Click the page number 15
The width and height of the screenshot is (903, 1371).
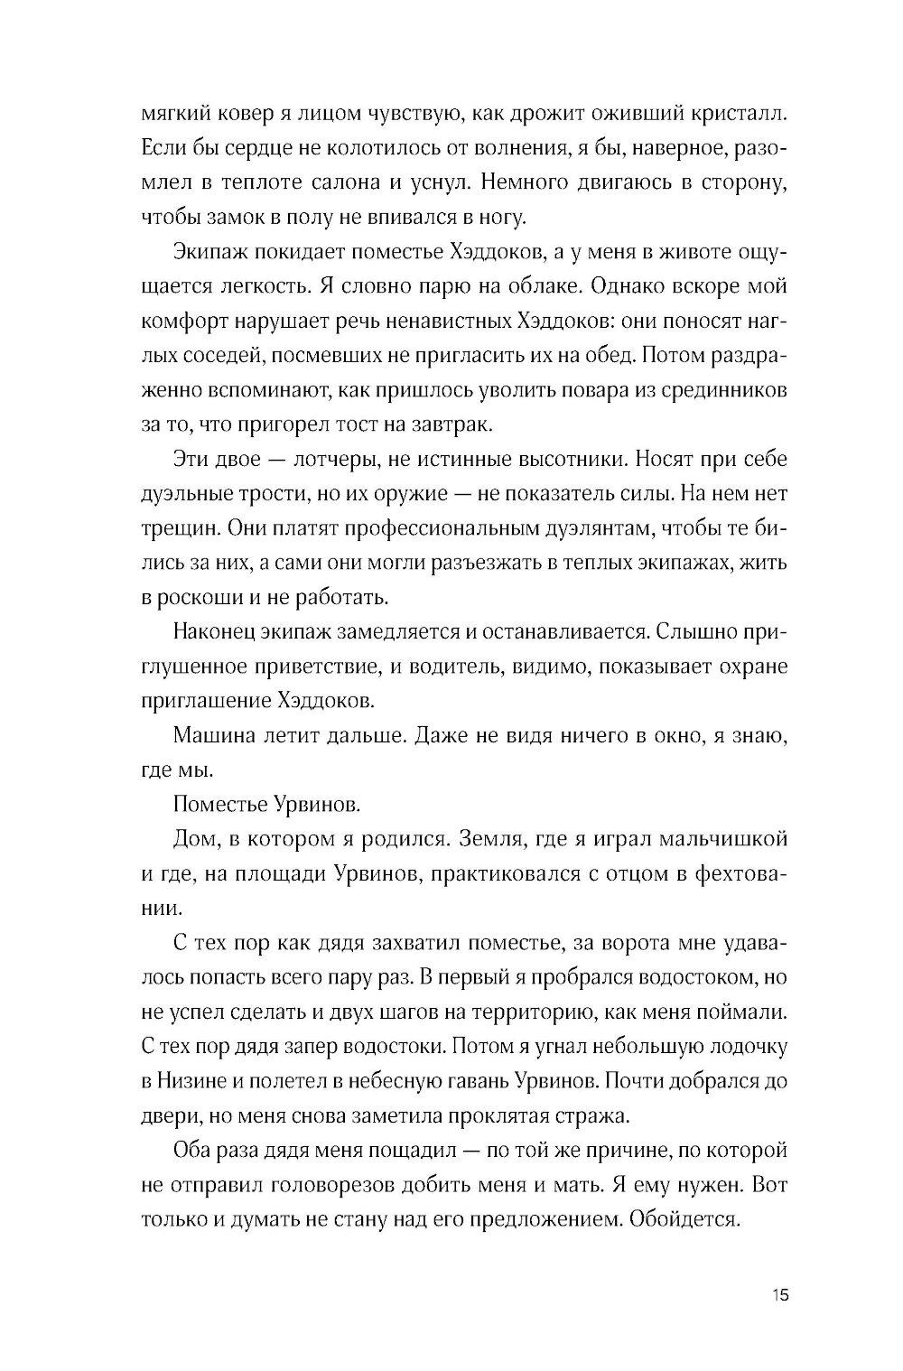(781, 1296)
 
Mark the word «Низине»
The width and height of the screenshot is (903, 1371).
(192, 1081)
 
